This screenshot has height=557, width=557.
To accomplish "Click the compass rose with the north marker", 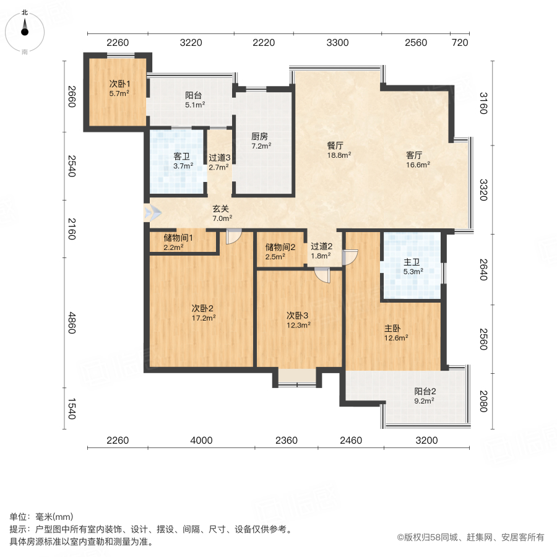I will (x=25, y=31).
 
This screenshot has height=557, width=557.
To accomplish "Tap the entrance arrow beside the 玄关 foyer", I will (x=152, y=213).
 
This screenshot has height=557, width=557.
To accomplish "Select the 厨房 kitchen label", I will (x=259, y=137).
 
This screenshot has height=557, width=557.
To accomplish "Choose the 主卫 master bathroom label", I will (x=412, y=262).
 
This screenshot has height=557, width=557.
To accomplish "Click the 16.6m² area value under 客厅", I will (x=418, y=165).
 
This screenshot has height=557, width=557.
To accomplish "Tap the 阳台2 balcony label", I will (x=425, y=391).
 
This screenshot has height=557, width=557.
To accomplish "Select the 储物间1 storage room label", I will (x=178, y=238).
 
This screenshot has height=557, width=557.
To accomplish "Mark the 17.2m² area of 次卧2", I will (x=202, y=318).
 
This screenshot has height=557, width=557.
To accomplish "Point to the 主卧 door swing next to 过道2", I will (x=350, y=257).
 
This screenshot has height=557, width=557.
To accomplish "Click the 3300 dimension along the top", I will (x=337, y=43).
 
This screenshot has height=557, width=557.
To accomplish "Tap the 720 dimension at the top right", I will (x=460, y=43).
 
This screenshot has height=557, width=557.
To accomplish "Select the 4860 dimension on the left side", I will (x=71, y=322).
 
